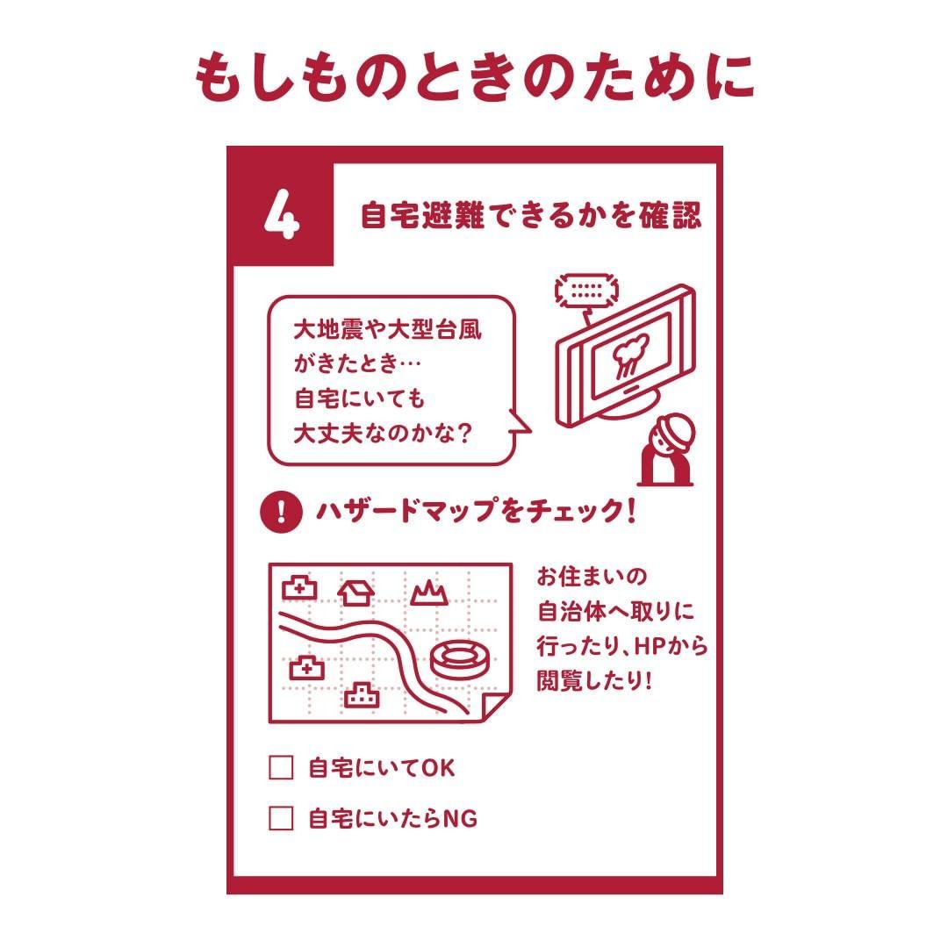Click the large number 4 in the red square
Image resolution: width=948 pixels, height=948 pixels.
click(x=282, y=214)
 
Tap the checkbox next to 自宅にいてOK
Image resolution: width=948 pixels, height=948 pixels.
click(x=281, y=767)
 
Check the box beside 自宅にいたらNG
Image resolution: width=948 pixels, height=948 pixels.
click(x=281, y=818)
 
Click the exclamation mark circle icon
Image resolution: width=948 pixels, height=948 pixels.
click(x=281, y=512)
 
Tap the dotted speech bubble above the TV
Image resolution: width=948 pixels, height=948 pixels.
click(x=586, y=291)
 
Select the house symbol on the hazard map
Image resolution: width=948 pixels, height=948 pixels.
click(x=355, y=592)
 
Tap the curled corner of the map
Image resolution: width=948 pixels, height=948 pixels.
click(x=495, y=707)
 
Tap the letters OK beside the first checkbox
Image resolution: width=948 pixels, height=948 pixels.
click(x=438, y=768)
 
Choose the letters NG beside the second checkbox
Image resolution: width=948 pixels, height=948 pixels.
click(x=460, y=819)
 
